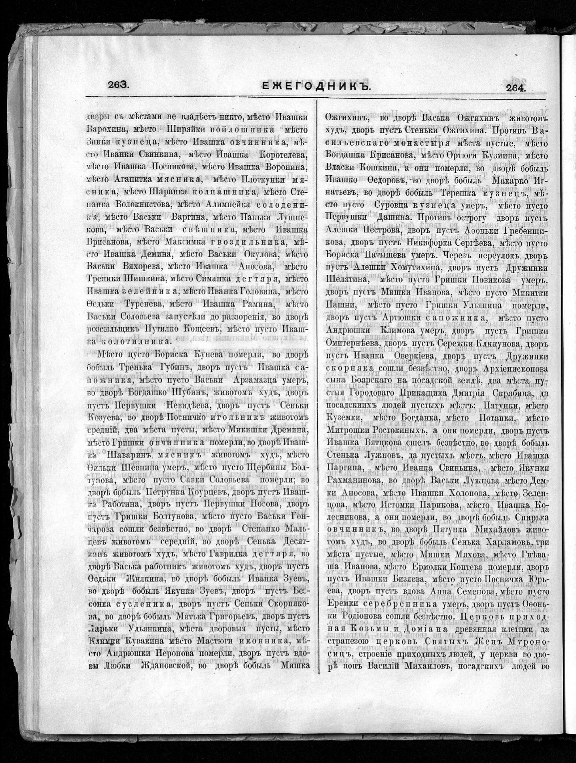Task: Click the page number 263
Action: (x=118, y=85)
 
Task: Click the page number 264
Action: (x=516, y=88)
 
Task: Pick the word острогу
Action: (x=468, y=218)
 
